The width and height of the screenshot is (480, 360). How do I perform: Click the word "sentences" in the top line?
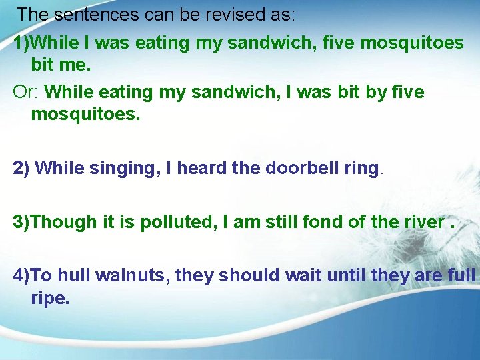[x=90, y=14]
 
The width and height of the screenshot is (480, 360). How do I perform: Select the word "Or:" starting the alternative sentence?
[x=26, y=91]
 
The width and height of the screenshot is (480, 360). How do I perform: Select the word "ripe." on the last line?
[x=50, y=298]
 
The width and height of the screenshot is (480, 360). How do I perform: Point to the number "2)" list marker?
[x=21, y=169]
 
